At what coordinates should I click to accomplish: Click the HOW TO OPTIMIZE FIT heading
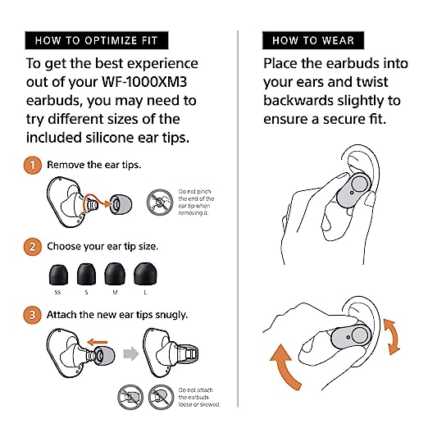pyautogui.click(x=97, y=40)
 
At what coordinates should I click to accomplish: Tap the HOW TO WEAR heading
pyautogui.click(x=313, y=40)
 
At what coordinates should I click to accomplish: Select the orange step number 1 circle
pyautogui.click(x=33, y=165)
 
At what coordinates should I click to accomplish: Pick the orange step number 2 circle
pyautogui.click(x=33, y=247)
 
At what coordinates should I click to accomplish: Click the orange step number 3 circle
pyautogui.click(x=33, y=315)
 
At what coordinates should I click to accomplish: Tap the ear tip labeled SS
pyautogui.click(x=58, y=275)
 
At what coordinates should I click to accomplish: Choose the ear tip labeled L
pyautogui.click(x=145, y=274)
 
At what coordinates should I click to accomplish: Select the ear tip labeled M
pyautogui.click(x=115, y=274)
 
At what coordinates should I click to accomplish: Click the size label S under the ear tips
pyautogui.click(x=86, y=293)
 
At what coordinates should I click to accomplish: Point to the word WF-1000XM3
pyautogui.click(x=144, y=82)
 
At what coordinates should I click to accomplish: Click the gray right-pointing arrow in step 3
pyautogui.click(x=131, y=353)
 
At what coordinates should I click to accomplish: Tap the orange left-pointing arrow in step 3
pyautogui.click(x=98, y=342)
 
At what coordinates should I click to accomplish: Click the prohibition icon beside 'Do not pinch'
pyautogui.click(x=160, y=203)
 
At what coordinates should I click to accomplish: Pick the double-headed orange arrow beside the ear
pyautogui.click(x=392, y=337)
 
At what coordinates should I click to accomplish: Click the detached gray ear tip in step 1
pyautogui.click(x=121, y=204)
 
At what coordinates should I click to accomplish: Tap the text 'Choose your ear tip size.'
pyautogui.click(x=102, y=247)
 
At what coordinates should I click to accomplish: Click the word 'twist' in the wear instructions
pyautogui.click(x=372, y=82)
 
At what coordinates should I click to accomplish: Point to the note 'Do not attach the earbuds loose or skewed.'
pyautogui.click(x=199, y=397)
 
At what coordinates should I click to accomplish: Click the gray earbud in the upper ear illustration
pyautogui.click(x=353, y=190)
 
